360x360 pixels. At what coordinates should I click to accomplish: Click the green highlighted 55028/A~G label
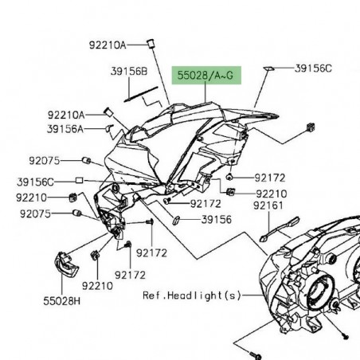point(207,76)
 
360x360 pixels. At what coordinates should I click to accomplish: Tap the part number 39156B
point(129,72)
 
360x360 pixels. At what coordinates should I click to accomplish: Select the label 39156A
point(65,127)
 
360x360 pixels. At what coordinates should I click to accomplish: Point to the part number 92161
point(268,205)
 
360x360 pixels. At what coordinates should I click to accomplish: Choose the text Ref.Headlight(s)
point(191,295)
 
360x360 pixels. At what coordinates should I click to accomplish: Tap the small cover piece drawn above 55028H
point(61,263)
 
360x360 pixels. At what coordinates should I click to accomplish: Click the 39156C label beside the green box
point(313,68)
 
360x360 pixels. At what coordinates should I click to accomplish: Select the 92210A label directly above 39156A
point(65,114)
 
